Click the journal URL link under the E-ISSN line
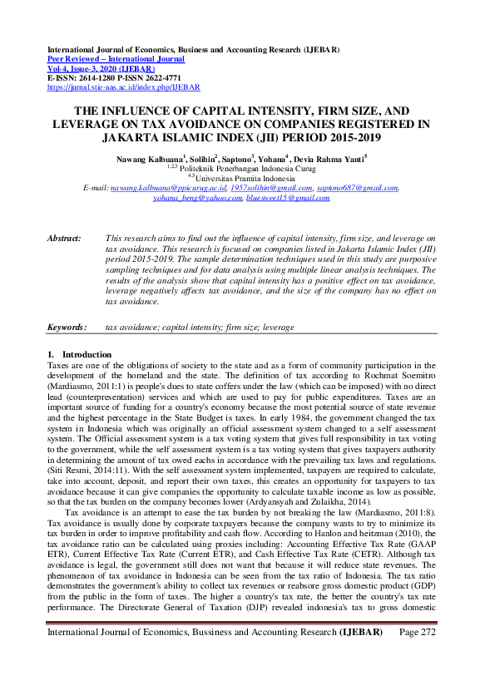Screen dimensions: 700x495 pyautogui.click(x=124, y=86)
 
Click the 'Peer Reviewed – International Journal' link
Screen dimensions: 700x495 pyautogui.click(x=116, y=59)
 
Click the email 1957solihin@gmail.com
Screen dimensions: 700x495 pyautogui.click(x=252, y=189)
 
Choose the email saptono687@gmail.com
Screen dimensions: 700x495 pyautogui.click(x=346, y=189)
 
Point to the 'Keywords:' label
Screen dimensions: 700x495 pyautogui.click(x=67, y=328)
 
